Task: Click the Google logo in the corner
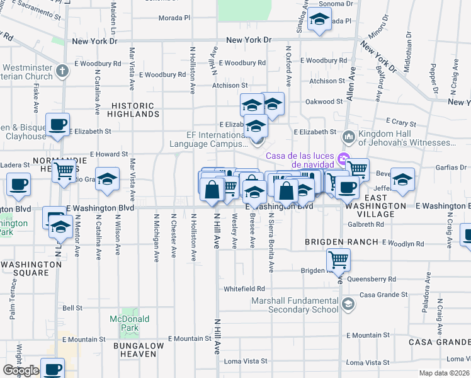click(21, 371)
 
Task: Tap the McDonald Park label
click(130, 324)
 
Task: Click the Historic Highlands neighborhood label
click(133, 110)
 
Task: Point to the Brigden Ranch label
click(341, 242)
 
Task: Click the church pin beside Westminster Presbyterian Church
click(61, 70)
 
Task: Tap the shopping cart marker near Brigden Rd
click(338, 258)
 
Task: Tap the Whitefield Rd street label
click(244, 289)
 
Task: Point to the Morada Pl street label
click(174, 18)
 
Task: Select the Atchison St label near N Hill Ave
click(230, 85)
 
